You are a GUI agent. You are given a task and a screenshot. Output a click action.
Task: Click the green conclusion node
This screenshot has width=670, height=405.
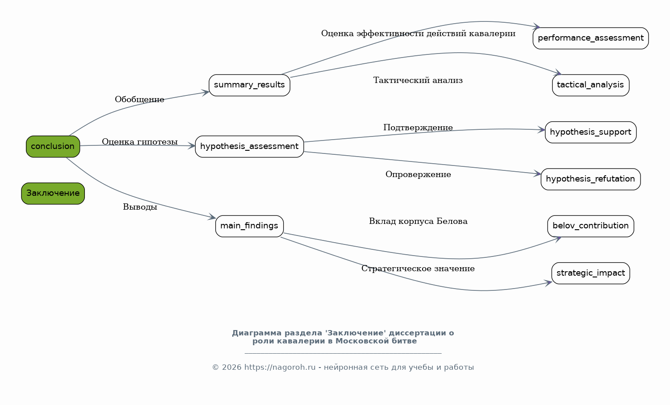[x=53, y=146]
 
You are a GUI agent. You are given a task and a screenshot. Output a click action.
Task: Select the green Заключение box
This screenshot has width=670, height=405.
[x=53, y=193]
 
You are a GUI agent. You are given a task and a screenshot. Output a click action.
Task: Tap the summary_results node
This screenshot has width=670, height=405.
[x=249, y=85]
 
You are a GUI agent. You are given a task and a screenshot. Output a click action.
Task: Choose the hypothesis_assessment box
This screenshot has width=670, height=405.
[x=249, y=146]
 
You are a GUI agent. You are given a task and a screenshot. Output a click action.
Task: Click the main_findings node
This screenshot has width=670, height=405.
[x=249, y=226]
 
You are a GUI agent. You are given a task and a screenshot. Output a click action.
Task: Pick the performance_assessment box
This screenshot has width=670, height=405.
[x=591, y=38]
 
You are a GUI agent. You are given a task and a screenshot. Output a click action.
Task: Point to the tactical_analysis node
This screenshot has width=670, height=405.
[x=591, y=85]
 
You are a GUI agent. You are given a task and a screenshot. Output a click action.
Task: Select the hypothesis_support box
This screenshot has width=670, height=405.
[x=591, y=132]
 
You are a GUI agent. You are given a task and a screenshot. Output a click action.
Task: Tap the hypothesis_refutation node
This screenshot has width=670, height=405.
[x=591, y=179]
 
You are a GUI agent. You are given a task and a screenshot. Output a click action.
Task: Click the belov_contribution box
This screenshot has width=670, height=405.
[x=591, y=226]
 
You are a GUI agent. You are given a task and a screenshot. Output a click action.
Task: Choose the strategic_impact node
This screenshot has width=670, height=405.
[x=591, y=273]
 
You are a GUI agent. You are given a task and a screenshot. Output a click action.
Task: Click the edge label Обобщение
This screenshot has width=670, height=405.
[x=140, y=99]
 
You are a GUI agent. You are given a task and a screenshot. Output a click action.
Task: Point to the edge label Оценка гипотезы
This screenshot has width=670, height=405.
[x=140, y=142]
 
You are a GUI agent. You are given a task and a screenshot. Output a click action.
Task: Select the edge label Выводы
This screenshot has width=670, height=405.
[x=140, y=207]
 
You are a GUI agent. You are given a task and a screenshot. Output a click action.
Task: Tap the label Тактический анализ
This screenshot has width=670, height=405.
[x=418, y=80]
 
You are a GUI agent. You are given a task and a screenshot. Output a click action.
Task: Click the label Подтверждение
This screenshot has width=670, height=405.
[x=418, y=128]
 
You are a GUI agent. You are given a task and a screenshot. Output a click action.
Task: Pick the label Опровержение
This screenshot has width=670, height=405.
[x=418, y=174]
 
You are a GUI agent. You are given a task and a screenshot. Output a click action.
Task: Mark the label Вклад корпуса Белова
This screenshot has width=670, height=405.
[x=418, y=221]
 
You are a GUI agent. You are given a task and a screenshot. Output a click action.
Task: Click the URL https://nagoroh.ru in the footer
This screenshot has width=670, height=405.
[x=280, y=368]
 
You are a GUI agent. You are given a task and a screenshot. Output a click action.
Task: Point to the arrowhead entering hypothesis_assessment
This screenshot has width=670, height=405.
[x=192, y=146]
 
